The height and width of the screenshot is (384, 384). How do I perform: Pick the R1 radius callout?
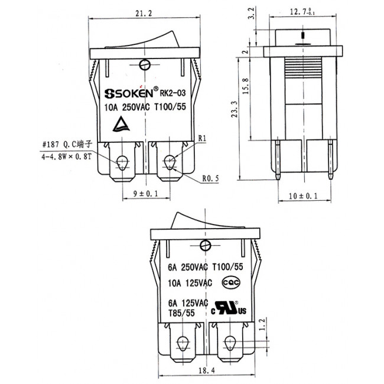[x=201, y=138]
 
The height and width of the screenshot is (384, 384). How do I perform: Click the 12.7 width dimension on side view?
[x=304, y=11]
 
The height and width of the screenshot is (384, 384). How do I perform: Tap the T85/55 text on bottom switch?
[x=183, y=313]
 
